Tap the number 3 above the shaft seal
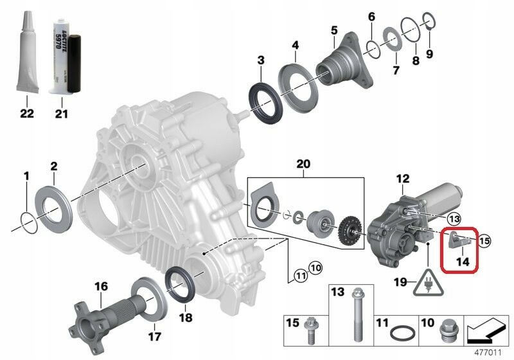coord(260,60)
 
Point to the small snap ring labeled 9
coord(429,26)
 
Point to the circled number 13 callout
coord(454,219)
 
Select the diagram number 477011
coord(488,353)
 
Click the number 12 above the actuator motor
coord(402,179)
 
